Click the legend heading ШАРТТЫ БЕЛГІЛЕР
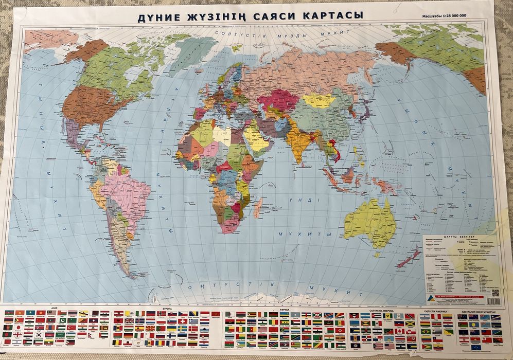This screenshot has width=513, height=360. (452, 238)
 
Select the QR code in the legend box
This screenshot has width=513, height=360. (495, 293)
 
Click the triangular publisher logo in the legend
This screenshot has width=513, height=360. (427, 298)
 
